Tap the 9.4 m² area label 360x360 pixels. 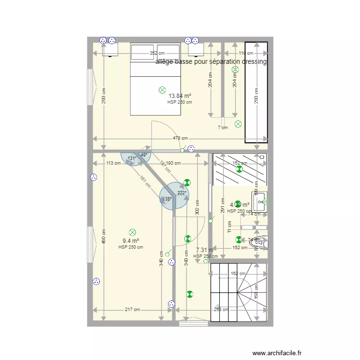click(131, 241)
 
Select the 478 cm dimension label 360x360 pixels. click(180, 139)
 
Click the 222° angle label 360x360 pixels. click(181, 193)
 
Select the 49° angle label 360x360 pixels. click(144, 155)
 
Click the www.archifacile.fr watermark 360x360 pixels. click(278, 352)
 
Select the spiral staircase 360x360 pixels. click(239, 292)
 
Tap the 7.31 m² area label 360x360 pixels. click(204, 250)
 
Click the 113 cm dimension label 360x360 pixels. click(113, 163)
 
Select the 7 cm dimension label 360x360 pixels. click(223, 128)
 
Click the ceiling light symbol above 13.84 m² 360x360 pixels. click(162, 90)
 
